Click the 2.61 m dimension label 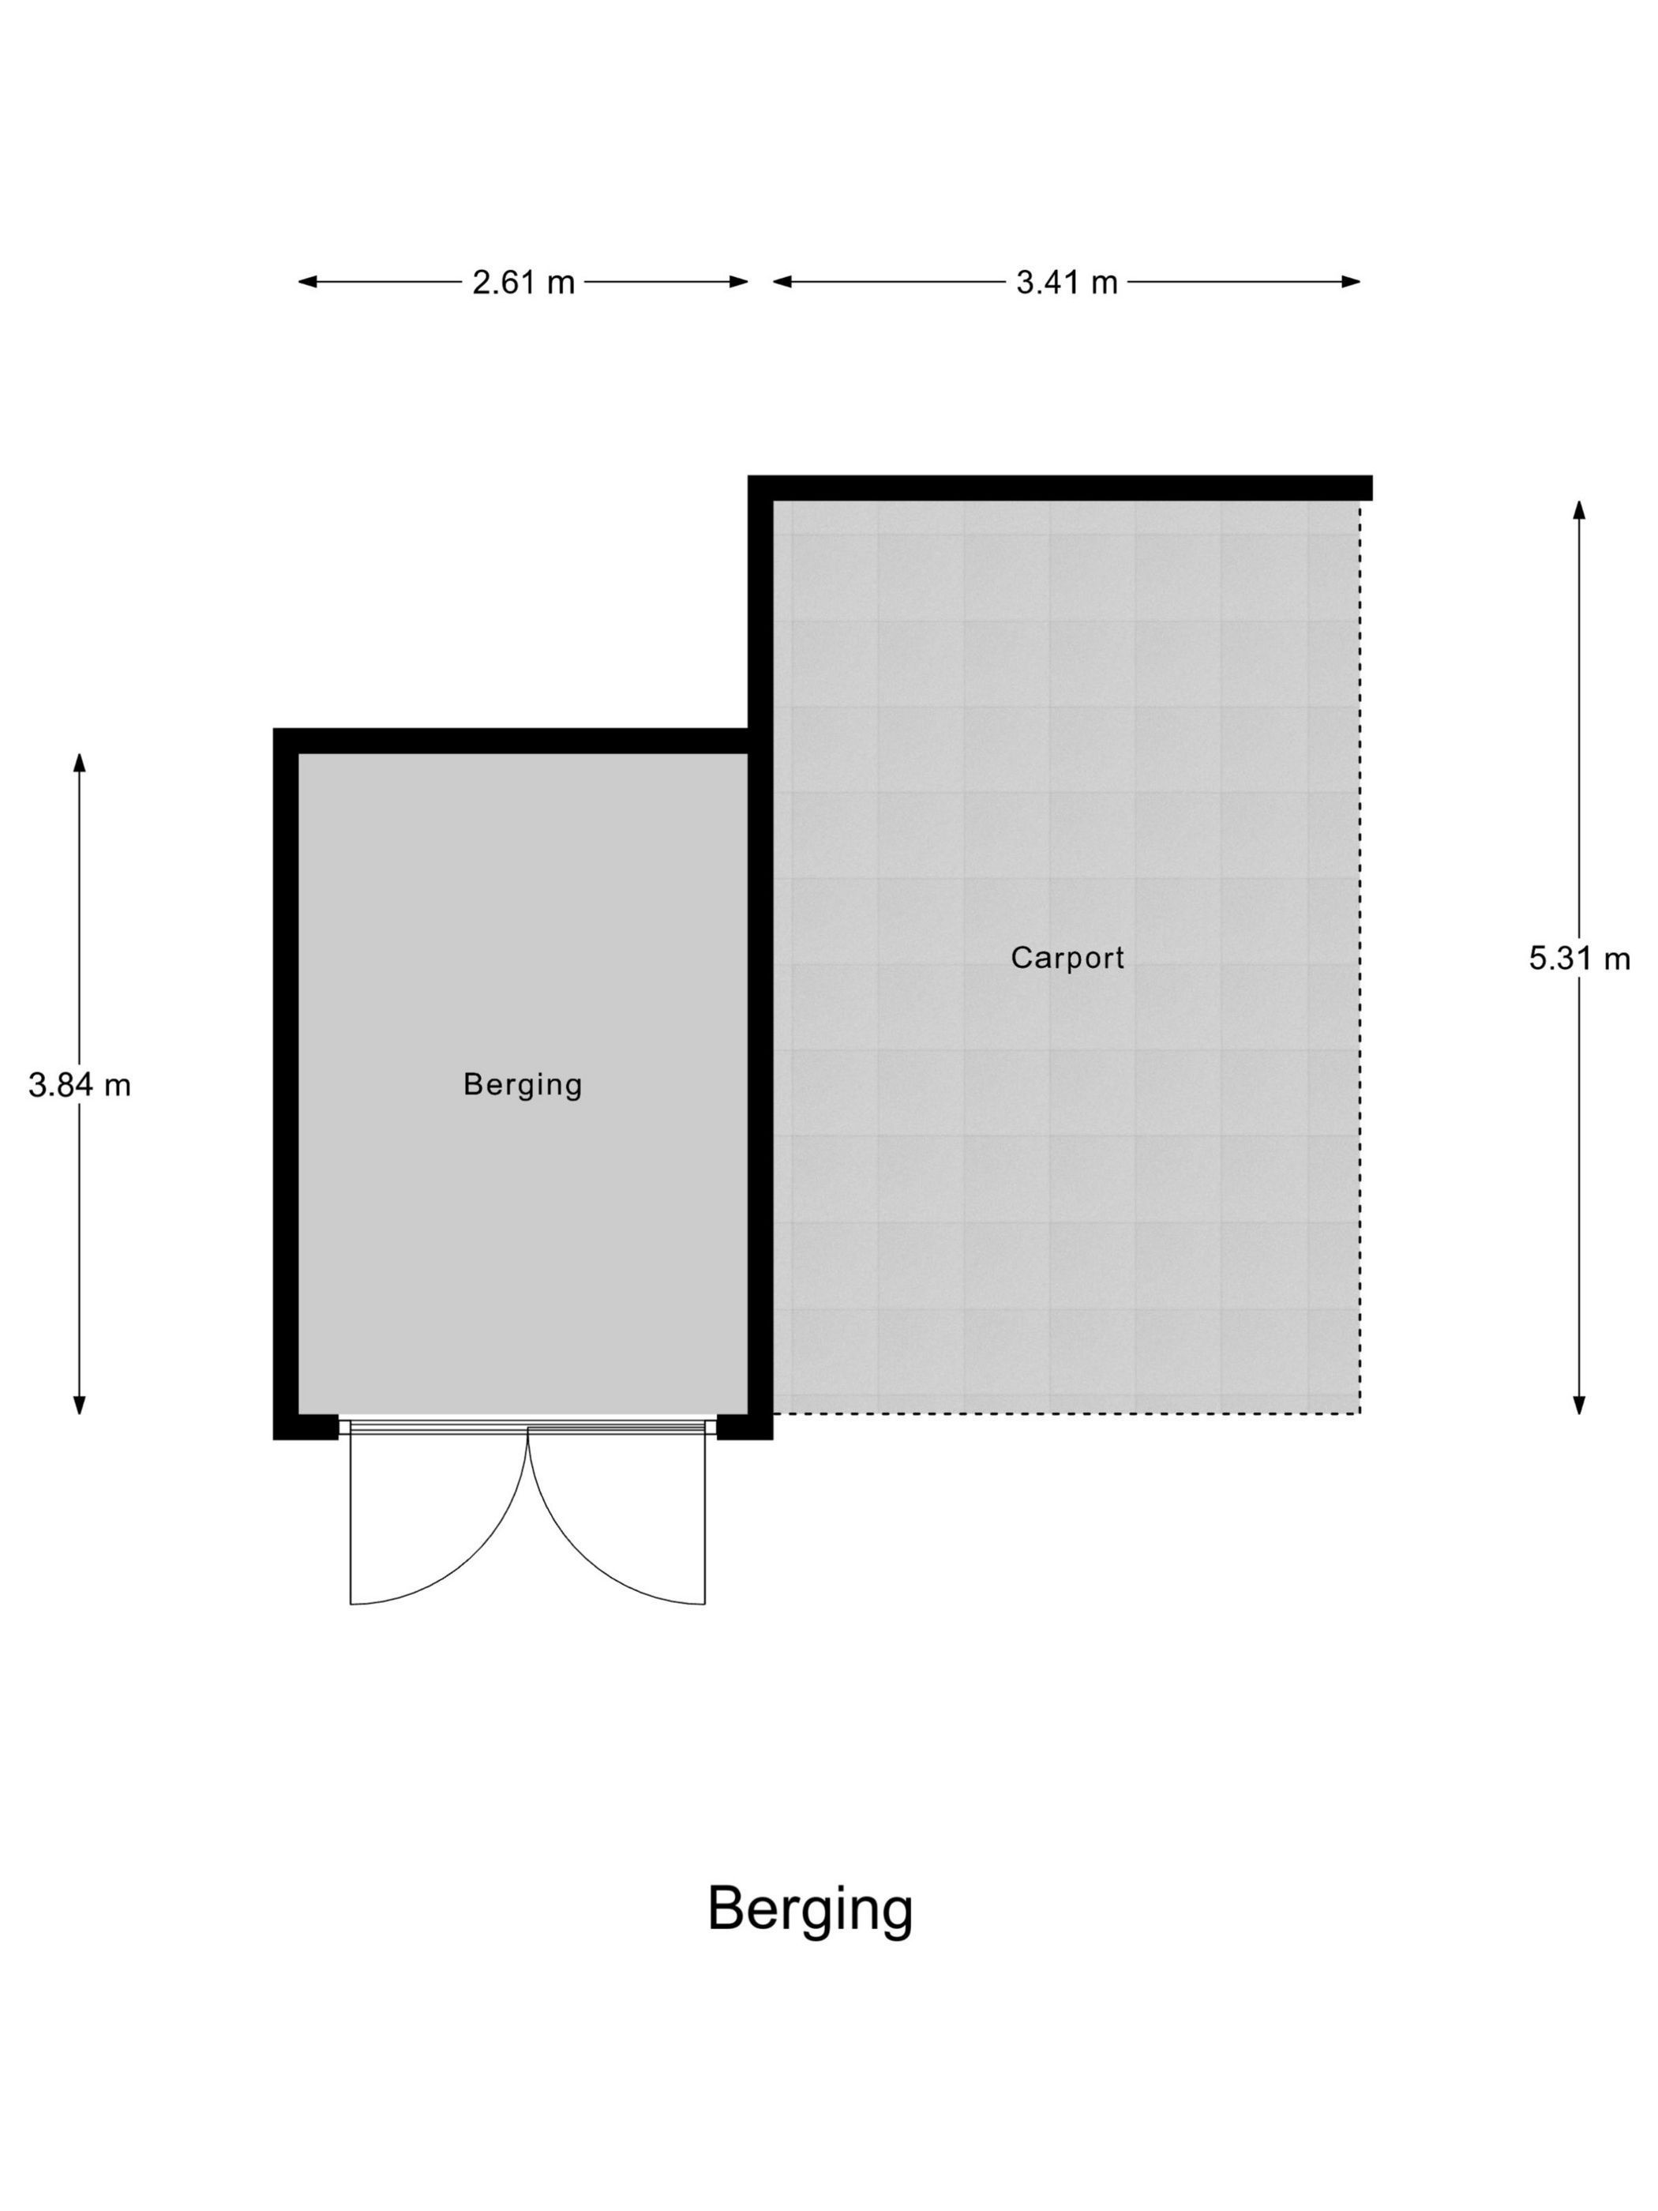523,283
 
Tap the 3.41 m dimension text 1067,283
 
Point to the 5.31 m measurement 1579,959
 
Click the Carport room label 1067,958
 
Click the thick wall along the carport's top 1060,488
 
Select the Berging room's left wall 286,1083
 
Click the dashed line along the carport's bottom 1067,1413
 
